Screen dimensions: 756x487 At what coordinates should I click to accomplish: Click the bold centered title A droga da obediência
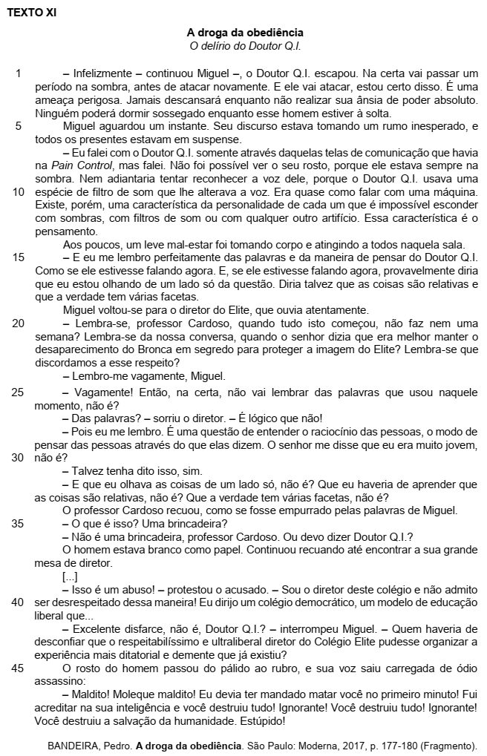coord(245,33)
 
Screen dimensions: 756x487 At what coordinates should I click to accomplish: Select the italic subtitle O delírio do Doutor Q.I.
coord(245,46)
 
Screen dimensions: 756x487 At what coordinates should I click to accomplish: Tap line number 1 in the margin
coord(19,73)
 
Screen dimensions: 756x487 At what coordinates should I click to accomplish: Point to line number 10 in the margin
coord(19,191)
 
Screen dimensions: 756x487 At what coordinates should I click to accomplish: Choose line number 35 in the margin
coord(19,523)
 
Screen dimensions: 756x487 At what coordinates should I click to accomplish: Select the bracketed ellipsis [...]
coord(71,576)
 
